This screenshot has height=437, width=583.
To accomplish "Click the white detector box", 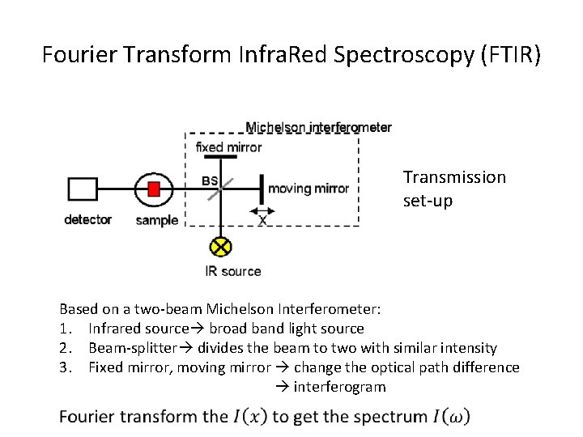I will click(x=82, y=189).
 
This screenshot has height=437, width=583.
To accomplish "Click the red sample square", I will click(x=154, y=189).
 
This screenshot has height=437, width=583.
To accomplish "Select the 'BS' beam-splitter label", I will click(x=209, y=180).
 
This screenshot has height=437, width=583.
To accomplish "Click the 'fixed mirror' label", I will click(x=229, y=147).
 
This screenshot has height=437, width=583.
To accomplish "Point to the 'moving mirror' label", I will click(x=309, y=189).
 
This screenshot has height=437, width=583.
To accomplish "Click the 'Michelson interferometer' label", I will click(x=318, y=127).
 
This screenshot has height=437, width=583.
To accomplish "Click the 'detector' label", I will click(x=88, y=220).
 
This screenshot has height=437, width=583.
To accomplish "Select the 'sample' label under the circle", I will click(x=157, y=220).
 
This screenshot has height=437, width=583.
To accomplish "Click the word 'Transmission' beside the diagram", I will click(x=454, y=177).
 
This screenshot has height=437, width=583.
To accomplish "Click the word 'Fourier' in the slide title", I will click(x=80, y=56).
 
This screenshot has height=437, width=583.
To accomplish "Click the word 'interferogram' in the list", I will click(x=339, y=387).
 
